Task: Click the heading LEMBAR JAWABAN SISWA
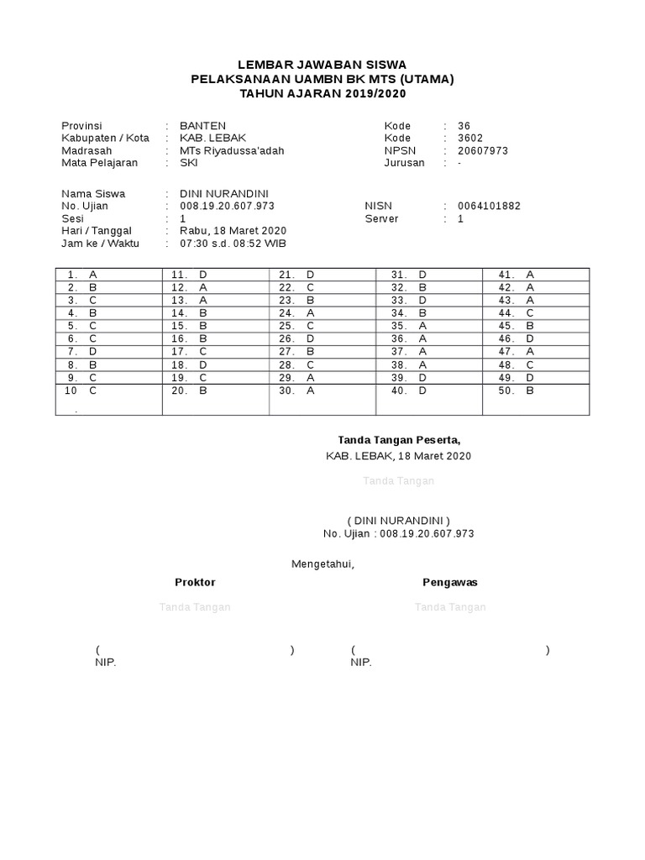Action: (x=322, y=64)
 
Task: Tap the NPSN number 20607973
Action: (x=483, y=151)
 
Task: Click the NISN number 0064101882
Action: (x=489, y=206)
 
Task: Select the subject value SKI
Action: (x=177, y=163)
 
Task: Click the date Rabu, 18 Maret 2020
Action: (x=228, y=231)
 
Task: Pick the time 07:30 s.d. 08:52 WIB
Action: (x=228, y=244)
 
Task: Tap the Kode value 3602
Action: (x=471, y=139)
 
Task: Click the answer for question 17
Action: (x=203, y=351)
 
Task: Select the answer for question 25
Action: (x=310, y=325)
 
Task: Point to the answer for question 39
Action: (x=422, y=377)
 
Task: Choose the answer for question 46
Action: (x=530, y=338)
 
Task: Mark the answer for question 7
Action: (x=92, y=351)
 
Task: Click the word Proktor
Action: (x=195, y=582)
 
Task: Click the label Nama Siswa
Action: (x=93, y=193)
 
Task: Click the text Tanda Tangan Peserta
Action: (x=399, y=439)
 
